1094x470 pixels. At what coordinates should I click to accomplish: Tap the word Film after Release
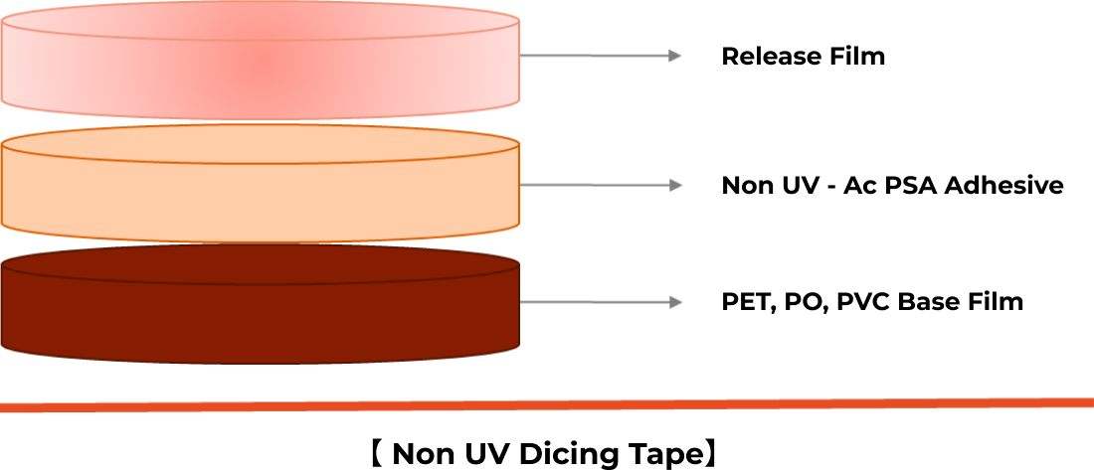[856, 56]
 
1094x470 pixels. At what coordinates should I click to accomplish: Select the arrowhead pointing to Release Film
[674, 56]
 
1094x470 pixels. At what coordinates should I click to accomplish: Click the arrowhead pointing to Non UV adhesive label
[674, 185]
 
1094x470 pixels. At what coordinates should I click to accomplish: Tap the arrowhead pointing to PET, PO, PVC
[674, 302]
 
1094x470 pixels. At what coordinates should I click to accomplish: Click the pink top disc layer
[261, 61]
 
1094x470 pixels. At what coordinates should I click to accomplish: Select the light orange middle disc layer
[261, 184]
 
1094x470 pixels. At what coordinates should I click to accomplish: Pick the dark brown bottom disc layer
[261, 305]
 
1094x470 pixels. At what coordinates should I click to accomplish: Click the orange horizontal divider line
[547, 404]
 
